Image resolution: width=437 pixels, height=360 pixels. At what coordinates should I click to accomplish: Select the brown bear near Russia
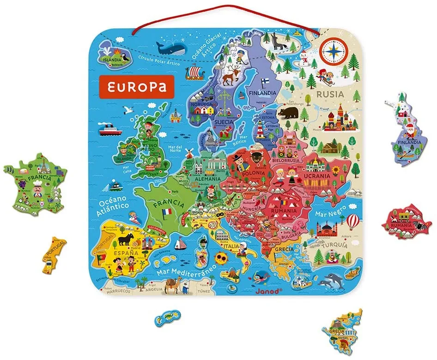tap(290, 113)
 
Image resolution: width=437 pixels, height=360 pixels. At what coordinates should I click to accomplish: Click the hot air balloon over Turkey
tap(353, 221)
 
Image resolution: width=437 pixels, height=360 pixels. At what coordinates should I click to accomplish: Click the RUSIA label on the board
tap(330, 95)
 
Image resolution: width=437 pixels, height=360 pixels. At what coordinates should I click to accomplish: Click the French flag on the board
tap(166, 212)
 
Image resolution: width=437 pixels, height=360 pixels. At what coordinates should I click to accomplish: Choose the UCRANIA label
tap(316, 176)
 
